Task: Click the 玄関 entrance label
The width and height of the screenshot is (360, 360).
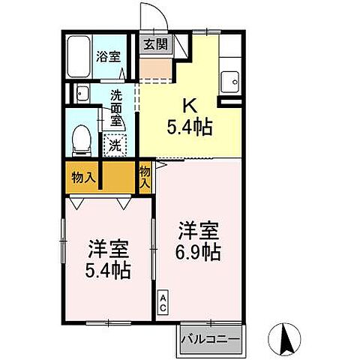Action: [x=156, y=43]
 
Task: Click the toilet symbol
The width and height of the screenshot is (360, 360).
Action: [x=80, y=138]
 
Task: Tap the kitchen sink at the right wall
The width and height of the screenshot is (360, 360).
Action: [x=230, y=76]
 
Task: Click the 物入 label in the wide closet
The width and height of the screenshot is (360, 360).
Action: [x=82, y=178]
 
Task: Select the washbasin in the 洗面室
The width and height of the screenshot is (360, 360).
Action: [x=80, y=94]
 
